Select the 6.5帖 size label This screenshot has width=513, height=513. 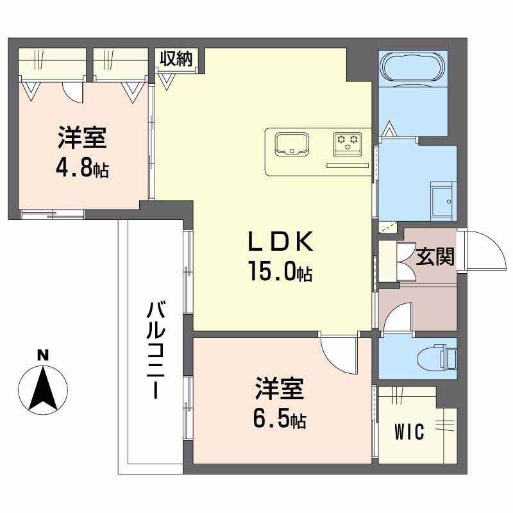280,420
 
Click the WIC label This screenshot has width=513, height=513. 409,433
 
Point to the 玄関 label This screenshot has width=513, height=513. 436,256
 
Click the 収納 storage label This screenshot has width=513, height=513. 176,60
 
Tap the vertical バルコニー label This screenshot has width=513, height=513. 156,349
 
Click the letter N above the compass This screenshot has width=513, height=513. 42,355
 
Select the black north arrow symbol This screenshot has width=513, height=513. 42,388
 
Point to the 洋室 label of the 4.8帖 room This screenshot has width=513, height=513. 82,138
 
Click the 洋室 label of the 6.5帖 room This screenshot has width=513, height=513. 280,389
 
